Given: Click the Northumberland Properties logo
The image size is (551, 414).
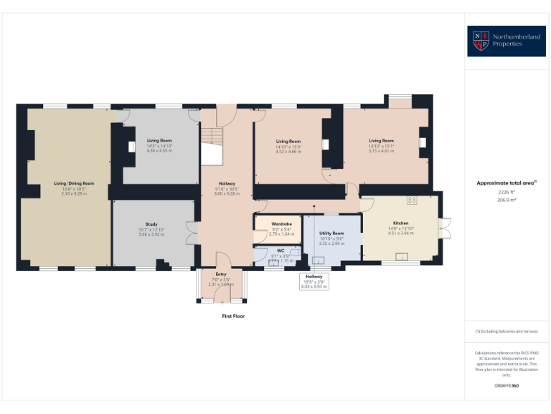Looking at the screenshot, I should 506,41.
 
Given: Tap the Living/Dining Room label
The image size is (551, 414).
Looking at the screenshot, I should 74,183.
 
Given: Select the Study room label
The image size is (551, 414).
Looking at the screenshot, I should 151,224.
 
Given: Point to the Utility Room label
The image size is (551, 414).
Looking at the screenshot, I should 331,234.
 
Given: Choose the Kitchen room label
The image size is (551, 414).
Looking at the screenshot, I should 400,224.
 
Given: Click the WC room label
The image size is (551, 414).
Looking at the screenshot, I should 281,251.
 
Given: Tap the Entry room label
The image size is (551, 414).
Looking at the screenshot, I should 221,274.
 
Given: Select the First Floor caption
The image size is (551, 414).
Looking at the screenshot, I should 233,316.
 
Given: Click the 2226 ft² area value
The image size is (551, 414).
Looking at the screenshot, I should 507,192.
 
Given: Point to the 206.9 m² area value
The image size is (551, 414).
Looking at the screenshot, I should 507,200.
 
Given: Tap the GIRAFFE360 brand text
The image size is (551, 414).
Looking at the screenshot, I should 507,386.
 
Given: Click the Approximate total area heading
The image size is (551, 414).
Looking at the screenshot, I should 506,183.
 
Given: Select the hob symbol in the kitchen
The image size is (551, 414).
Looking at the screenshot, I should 412,200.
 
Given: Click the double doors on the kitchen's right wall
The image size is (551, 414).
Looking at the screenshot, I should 445,229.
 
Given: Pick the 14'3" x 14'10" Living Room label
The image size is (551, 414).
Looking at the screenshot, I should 159,140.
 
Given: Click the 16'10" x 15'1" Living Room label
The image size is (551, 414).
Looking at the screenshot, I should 381,140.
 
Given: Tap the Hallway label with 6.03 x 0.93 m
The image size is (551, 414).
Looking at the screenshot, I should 314,276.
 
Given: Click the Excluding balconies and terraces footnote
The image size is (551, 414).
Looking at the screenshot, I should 506,331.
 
